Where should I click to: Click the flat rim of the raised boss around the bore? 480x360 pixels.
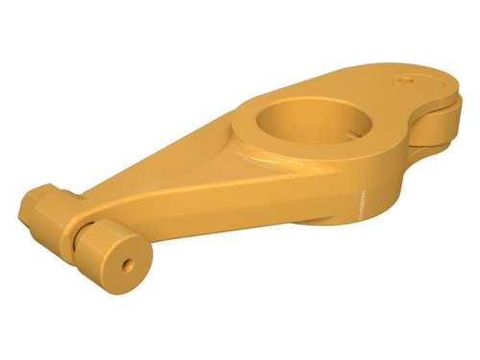pyautogui.click(x=259, y=144)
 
